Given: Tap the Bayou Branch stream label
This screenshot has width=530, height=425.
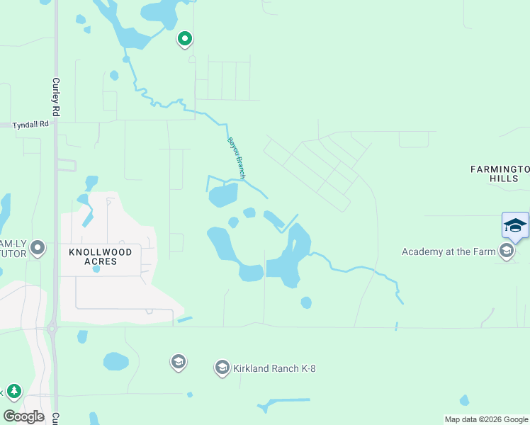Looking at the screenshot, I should tap(236, 156).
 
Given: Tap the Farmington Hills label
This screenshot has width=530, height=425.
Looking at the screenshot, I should tap(500, 174).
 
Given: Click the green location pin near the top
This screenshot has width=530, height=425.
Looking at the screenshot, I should tap(185, 39).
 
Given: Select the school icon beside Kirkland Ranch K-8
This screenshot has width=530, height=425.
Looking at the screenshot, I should tap(222, 367).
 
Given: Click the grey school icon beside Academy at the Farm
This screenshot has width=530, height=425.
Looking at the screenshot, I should tap(506, 251).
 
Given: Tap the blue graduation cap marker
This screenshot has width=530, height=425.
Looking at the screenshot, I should tap(515, 226).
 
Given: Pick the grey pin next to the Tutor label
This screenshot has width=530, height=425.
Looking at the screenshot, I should tap(38, 248).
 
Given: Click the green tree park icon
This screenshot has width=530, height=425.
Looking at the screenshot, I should tap(13, 391).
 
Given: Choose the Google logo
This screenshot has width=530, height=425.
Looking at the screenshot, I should tap(23, 416).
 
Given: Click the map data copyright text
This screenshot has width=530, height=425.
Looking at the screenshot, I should tap(487, 419).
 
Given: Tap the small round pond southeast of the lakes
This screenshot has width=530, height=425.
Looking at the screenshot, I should tap(306, 302).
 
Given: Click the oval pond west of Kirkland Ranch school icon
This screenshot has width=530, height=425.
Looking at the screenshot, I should tap(115, 361).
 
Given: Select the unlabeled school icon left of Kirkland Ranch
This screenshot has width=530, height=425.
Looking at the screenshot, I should tap(178, 362).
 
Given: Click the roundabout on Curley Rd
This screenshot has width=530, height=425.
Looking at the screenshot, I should tap(52, 328).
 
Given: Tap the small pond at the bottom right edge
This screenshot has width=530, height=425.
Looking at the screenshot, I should tap(464, 401).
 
